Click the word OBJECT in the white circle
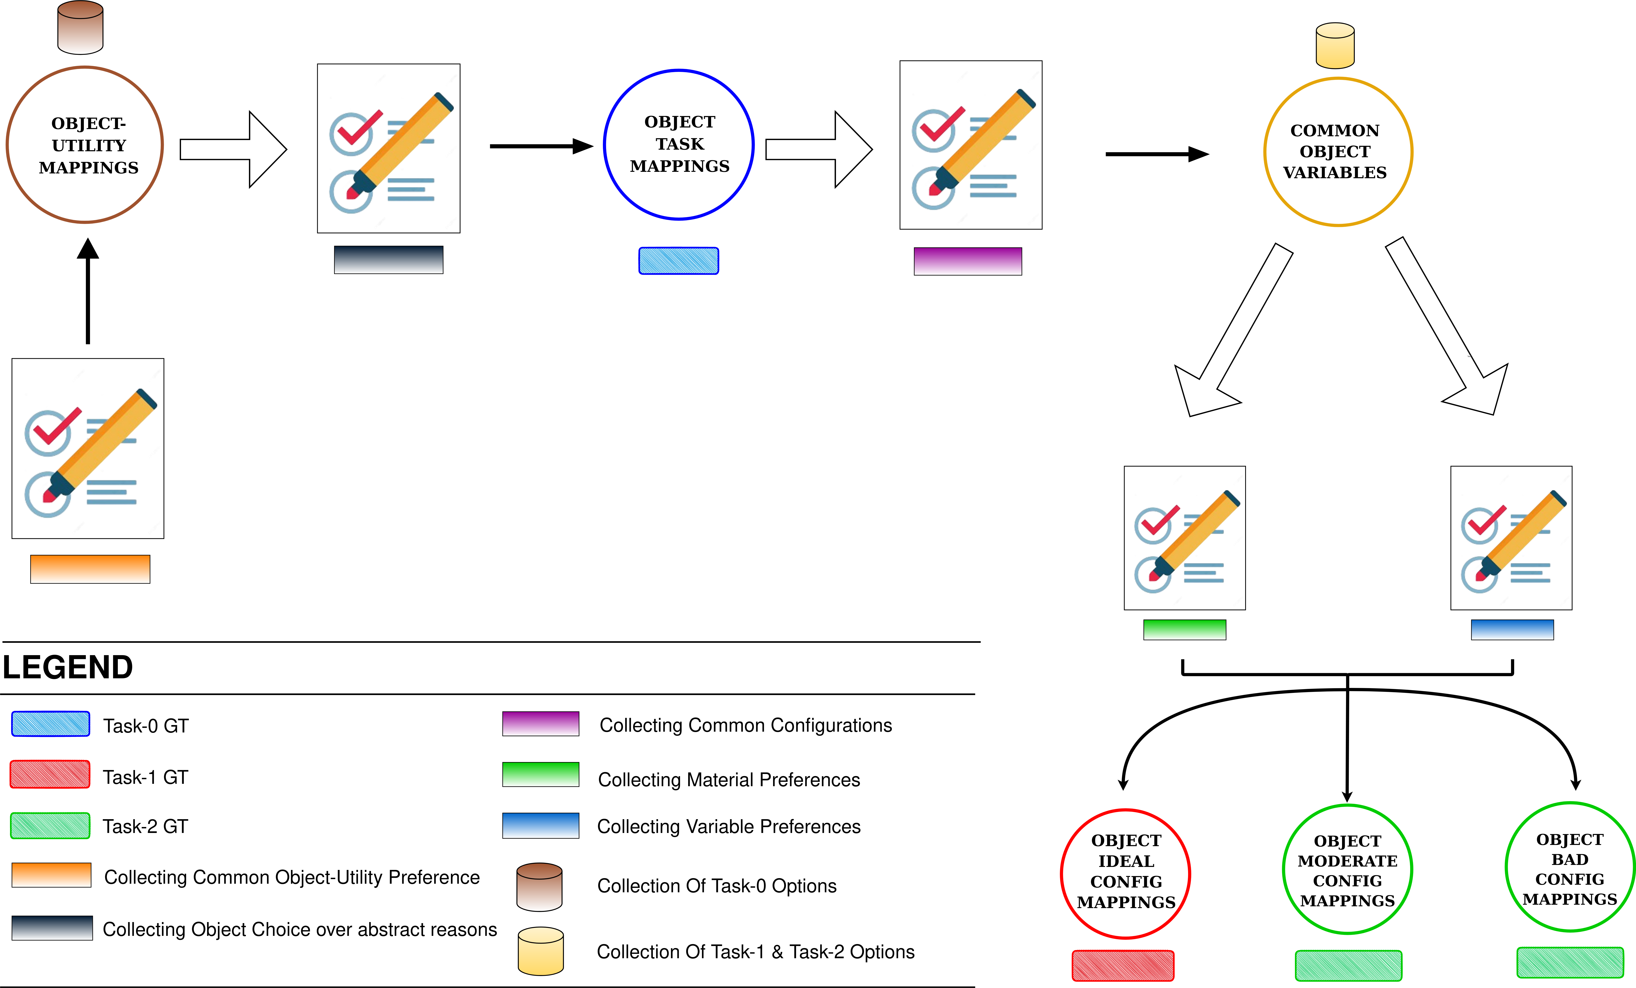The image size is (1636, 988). [x=1570, y=840]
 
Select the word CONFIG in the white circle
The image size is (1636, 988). [x=1570, y=879]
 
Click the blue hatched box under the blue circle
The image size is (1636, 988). [x=679, y=261]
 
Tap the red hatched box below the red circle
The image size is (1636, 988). [x=1123, y=965]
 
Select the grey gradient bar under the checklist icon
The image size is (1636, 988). [x=388, y=260]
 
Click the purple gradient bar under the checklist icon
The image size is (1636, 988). [x=967, y=261]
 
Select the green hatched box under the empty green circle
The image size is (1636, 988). [x=1348, y=965]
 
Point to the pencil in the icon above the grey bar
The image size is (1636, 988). [x=405, y=141]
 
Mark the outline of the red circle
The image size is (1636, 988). [x=1061, y=874]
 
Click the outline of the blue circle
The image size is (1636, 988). [x=604, y=144]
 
